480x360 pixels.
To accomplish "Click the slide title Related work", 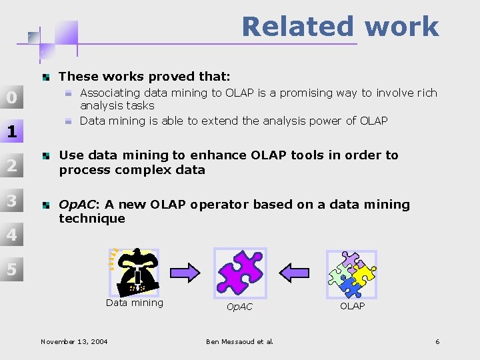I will click(x=340, y=27).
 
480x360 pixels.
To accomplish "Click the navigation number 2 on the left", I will click(x=11, y=166).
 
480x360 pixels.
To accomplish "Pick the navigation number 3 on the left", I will click(x=11, y=200).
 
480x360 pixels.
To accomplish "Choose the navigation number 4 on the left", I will click(x=11, y=235).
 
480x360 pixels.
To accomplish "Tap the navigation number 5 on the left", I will click(x=11, y=269).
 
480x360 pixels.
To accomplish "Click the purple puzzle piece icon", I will click(x=239, y=271).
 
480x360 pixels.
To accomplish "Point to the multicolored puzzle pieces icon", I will click(x=351, y=273).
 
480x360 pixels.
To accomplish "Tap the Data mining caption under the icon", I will click(x=134, y=303).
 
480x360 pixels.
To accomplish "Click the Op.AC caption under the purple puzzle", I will click(x=239, y=307).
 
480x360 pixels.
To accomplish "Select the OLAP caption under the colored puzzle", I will click(x=352, y=306).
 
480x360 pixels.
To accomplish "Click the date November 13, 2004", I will click(x=74, y=342).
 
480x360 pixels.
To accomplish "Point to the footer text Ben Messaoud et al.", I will click(x=239, y=342).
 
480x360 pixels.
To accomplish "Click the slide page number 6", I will click(x=437, y=342).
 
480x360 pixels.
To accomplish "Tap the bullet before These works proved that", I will click(x=45, y=77).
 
